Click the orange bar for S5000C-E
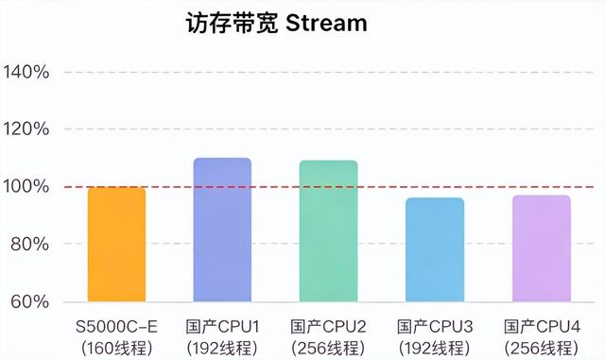tap(116, 244)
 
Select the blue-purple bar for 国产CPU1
tap(222, 230)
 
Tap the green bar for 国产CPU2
tap(328, 231)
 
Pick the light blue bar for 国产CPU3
tap(435, 249)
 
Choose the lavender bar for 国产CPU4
tap(542, 249)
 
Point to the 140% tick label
tap(26, 72)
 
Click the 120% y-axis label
tap(26, 129)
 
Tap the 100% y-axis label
tap(26, 187)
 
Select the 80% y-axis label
tap(29, 244)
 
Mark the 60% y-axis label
tap(29, 301)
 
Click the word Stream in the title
tap(326, 24)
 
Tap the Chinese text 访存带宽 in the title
tap(232, 24)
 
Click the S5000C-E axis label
tap(116, 327)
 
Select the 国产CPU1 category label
tap(222, 327)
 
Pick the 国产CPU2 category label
tap(328, 327)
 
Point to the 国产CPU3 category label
tap(435, 327)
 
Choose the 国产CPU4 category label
tap(542, 327)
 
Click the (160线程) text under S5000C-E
tap(117, 349)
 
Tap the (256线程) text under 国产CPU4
tap(542, 349)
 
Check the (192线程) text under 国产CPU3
tap(435, 349)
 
